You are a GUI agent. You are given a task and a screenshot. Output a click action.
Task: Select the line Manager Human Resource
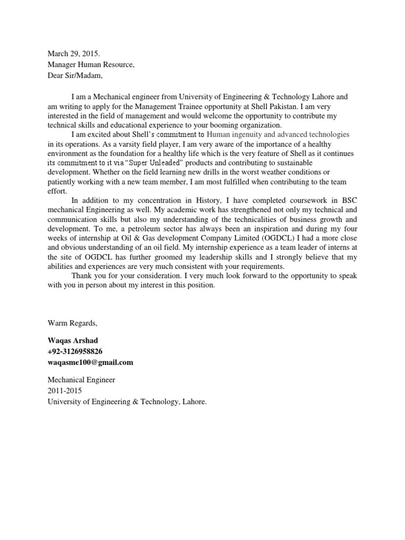(91, 64)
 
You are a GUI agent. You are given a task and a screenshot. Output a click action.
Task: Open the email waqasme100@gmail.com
(90, 362)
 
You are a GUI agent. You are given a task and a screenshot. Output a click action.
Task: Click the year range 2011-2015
(65, 391)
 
